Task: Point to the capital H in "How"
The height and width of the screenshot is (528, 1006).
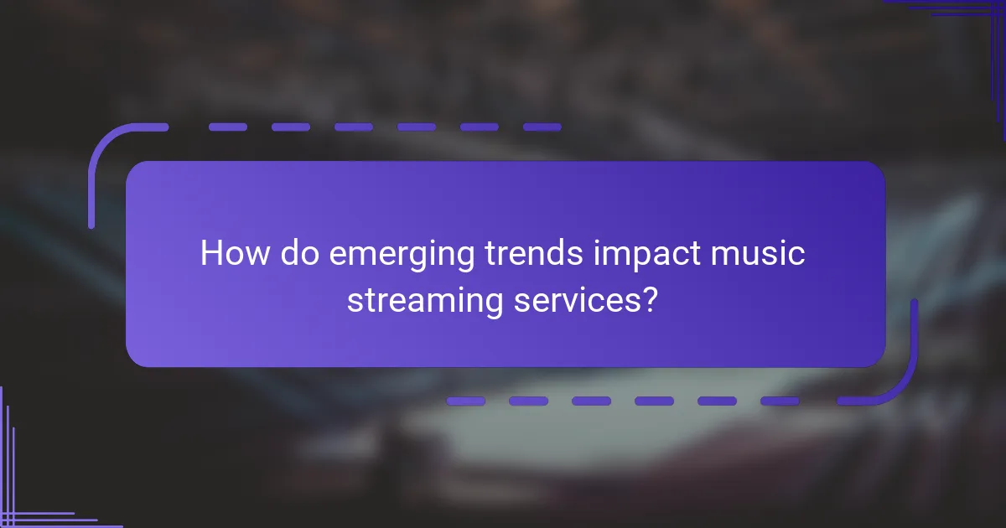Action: click(x=213, y=253)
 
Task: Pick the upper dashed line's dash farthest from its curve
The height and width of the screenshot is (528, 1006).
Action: click(x=542, y=127)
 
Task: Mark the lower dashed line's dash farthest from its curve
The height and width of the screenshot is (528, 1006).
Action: click(x=465, y=401)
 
